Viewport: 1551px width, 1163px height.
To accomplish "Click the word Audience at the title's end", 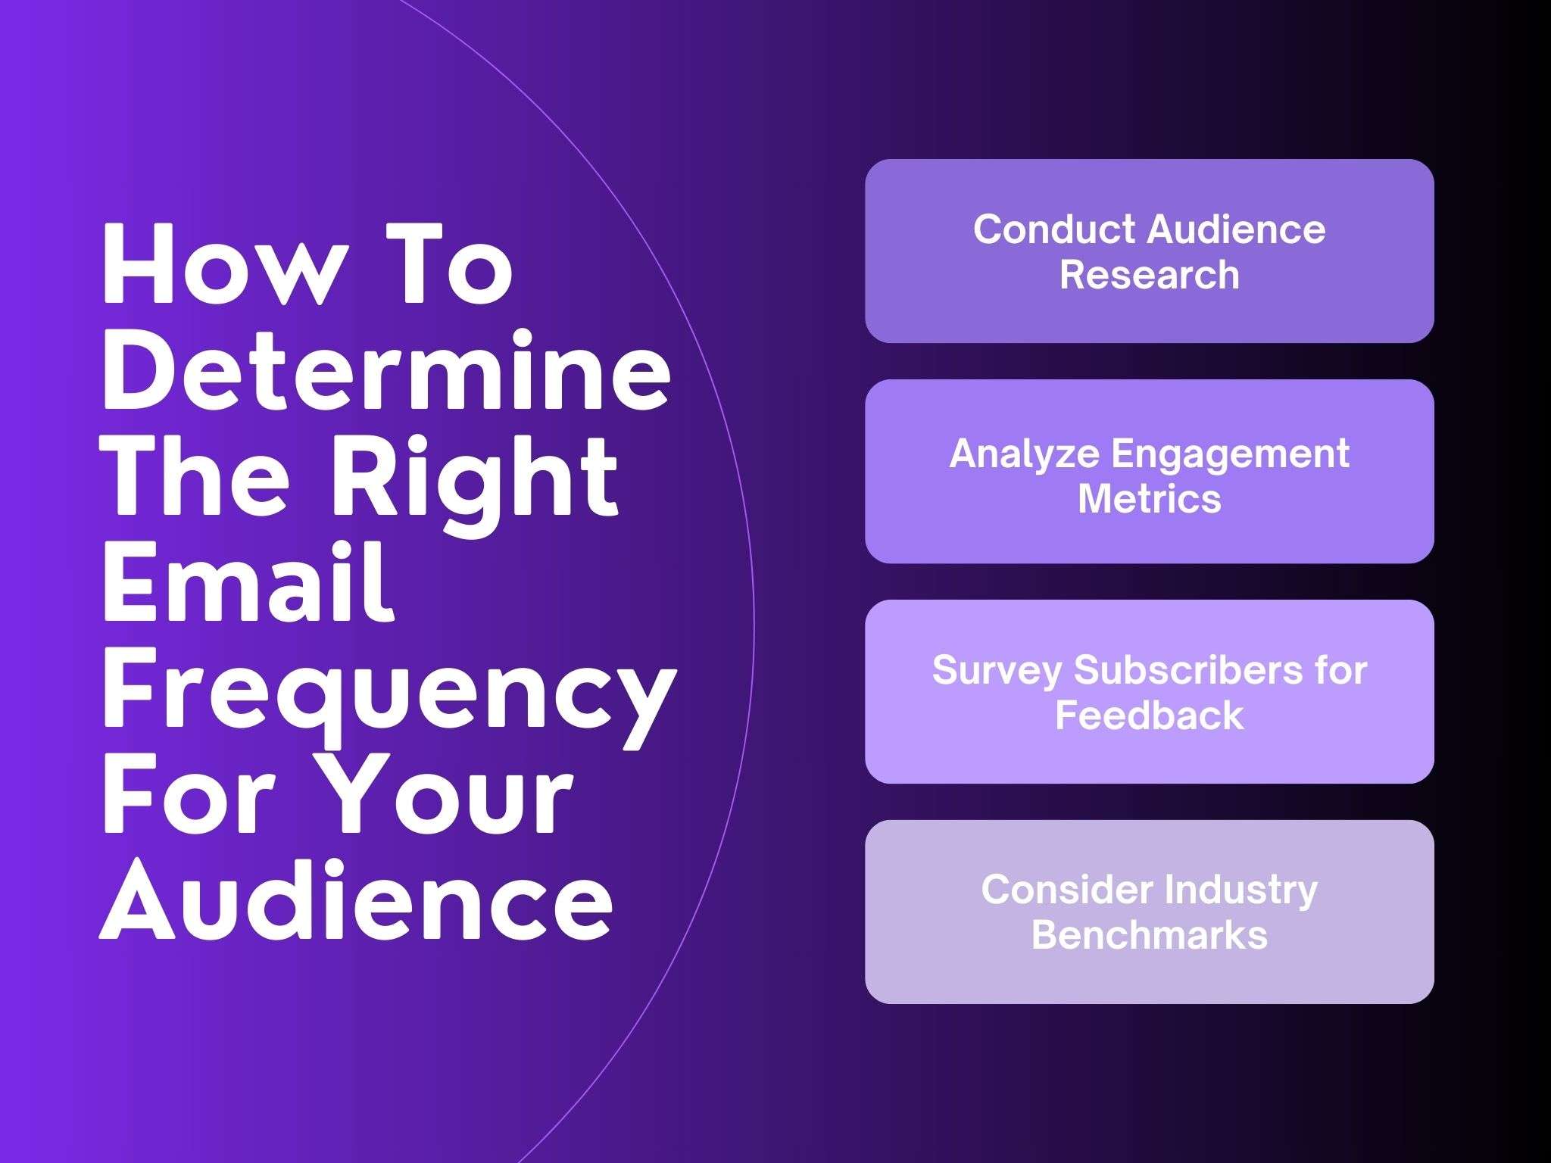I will tap(356, 902).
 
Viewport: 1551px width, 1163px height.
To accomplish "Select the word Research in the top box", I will tap(1149, 275).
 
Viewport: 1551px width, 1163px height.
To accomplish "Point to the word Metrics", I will tap(1149, 499).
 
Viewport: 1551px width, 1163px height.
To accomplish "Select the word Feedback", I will tap(1149, 716).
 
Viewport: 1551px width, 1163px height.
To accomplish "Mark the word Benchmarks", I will tap(1149, 935).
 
